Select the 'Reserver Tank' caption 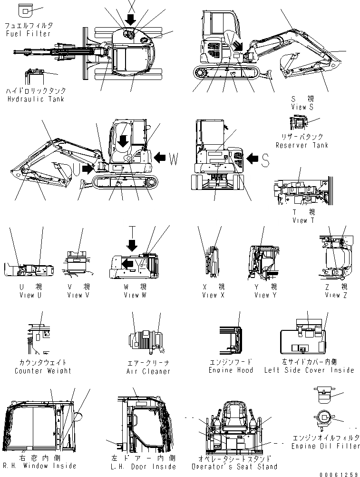pyautogui.click(x=302, y=145)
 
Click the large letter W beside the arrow pyautogui.click(x=174, y=159)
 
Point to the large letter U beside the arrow pyautogui.click(x=76, y=168)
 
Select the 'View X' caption pyautogui.click(x=209, y=295)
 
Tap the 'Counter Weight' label pyautogui.click(x=43, y=371)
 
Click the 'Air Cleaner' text pyautogui.click(x=148, y=371)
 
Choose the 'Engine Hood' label pyautogui.click(x=231, y=370)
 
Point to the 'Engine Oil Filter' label pyautogui.click(x=326, y=446)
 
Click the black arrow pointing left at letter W pyautogui.click(x=160, y=157)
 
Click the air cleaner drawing pyautogui.click(x=145, y=341)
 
